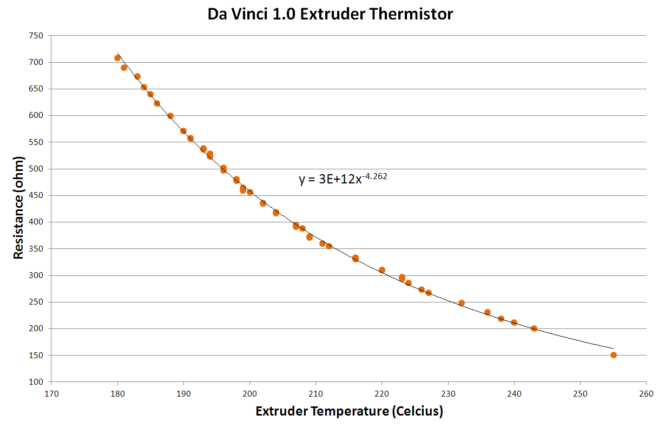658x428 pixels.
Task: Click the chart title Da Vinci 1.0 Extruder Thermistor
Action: click(x=330, y=14)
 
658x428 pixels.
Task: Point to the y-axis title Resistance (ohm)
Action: click(x=19, y=208)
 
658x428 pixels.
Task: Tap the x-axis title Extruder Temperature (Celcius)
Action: click(x=349, y=412)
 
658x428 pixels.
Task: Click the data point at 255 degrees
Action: click(x=614, y=355)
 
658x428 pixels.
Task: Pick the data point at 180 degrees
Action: click(x=117, y=58)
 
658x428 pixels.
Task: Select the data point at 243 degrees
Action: click(x=534, y=328)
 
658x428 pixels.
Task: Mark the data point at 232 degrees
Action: click(x=462, y=303)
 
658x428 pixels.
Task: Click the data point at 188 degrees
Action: click(x=170, y=116)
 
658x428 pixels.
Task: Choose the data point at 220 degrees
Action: click(x=382, y=270)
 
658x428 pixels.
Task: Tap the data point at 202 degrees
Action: click(x=263, y=203)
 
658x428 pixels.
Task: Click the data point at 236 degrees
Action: click(x=488, y=312)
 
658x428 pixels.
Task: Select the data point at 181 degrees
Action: click(x=124, y=68)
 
